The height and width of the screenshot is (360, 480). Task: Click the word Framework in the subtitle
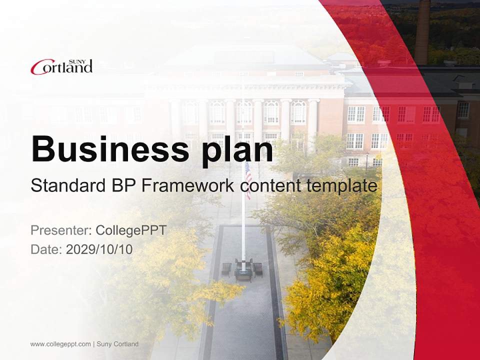point(187,186)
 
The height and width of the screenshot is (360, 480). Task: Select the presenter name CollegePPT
point(130,230)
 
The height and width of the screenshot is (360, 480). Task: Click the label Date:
point(46,249)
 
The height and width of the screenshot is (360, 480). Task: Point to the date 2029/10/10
point(99,249)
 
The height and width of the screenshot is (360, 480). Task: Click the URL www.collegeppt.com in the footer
point(60,344)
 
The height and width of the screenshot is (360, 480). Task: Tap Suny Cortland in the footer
point(117,344)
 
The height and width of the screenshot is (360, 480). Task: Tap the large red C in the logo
point(37,67)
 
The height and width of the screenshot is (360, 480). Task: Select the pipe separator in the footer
point(93,344)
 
